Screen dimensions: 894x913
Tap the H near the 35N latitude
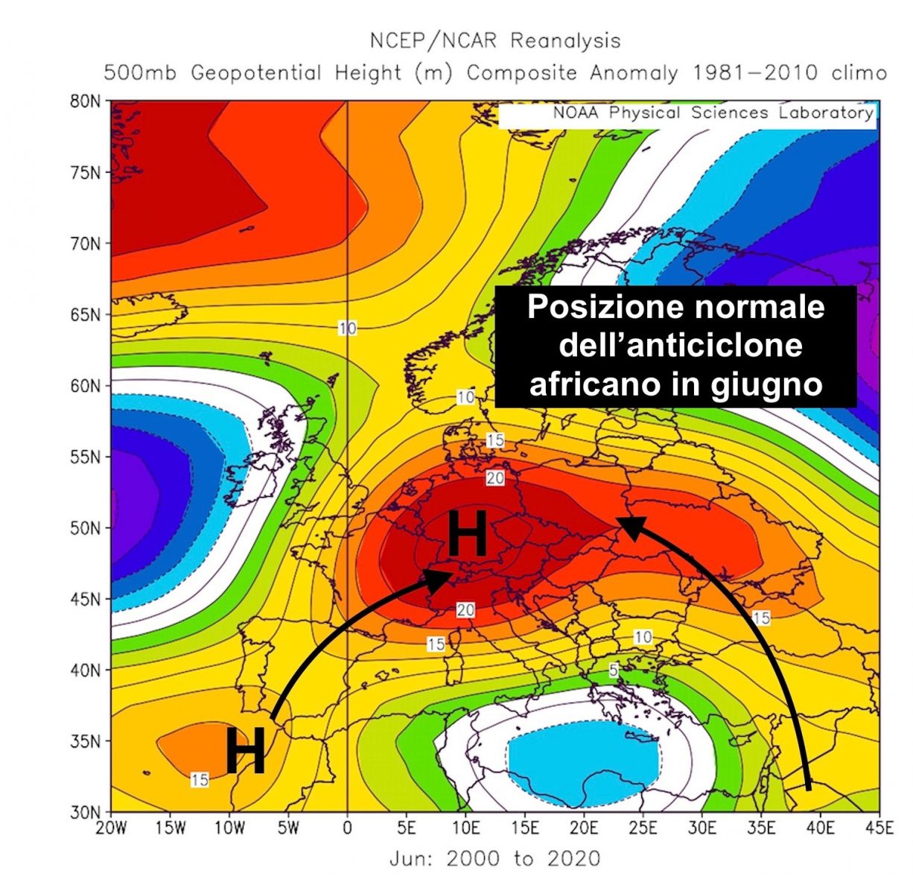click(x=245, y=751)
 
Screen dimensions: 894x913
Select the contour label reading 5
click(x=613, y=670)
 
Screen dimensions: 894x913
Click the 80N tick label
click(x=85, y=101)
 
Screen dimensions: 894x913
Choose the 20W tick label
click(x=111, y=828)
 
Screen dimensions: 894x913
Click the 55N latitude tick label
click(x=85, y=457)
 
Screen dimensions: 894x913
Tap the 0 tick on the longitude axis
click(x=347, y=828)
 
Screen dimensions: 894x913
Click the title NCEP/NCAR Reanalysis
click(x=494, y=40)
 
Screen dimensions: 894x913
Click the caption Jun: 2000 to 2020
click(x=494, y=859)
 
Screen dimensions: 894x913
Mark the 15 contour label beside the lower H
click(x=199, y=780)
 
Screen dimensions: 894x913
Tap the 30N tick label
click(x=85, y=812)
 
